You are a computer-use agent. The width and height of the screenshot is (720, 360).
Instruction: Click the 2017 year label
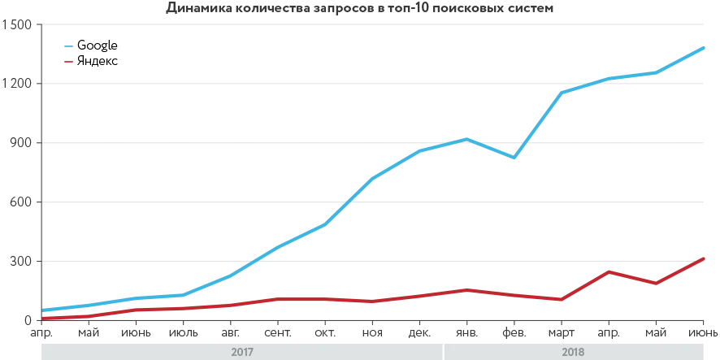[242, 352]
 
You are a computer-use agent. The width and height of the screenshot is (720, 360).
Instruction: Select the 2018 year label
[573, 352]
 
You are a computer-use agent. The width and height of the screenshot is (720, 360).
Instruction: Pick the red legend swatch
[68, 61]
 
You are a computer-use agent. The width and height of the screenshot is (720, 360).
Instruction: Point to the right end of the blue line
[705, 49]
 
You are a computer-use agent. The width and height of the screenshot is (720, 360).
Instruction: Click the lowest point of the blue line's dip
[512, 156]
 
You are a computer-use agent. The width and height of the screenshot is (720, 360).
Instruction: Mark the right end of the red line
[705, 258]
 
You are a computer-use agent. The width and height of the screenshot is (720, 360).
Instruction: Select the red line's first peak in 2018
[609, 271]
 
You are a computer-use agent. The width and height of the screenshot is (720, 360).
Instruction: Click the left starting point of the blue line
[43, 310]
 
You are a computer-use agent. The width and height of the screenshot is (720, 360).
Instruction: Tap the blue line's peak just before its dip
[465, 140]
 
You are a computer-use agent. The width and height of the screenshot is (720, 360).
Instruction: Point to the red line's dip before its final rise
[655, 283]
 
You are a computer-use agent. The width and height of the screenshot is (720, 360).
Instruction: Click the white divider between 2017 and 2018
[444, 351]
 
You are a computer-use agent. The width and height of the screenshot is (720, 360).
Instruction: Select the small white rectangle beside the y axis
[36, 310]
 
